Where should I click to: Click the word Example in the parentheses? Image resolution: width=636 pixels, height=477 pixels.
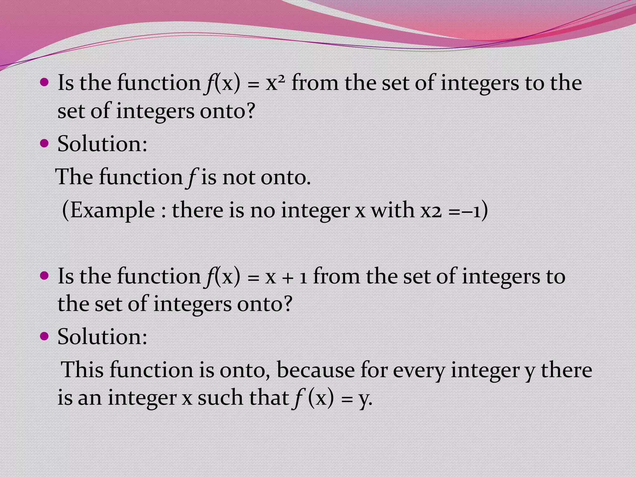click(x=113, y=210)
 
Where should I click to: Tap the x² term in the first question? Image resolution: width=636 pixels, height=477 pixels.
click(x=275, y=83)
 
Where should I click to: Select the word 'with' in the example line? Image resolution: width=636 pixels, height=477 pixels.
click(x=393, y=210)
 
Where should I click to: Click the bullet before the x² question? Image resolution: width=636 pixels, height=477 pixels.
click(x=45, y=83)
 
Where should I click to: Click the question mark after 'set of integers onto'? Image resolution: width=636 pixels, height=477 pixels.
click(x=249, y=111)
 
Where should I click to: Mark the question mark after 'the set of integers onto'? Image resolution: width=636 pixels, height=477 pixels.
click(x=287, y=303)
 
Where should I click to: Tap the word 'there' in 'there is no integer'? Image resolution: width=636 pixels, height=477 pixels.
click(x=197, y=210)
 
